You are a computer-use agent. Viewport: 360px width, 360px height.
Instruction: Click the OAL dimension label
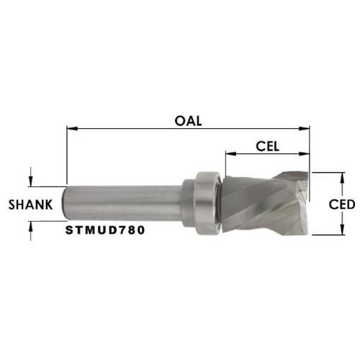188,121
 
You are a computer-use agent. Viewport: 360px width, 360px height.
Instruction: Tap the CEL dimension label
267,146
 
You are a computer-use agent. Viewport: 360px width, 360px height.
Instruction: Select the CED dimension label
342,204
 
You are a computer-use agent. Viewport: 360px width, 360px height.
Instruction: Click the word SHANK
30,204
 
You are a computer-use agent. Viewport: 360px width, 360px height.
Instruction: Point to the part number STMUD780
105,230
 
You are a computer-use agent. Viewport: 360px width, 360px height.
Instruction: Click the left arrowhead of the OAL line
72,129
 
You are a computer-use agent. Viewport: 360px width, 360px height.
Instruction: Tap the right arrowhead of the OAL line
305,129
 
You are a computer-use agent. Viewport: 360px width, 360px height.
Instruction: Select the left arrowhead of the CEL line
231,153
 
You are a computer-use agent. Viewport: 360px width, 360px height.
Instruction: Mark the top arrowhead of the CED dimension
343,178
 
